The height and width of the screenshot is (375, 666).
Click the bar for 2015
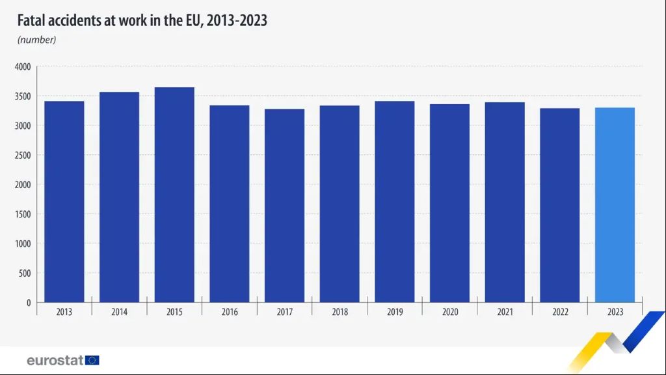174,195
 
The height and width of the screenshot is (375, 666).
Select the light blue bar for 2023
615,204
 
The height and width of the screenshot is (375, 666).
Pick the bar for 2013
64,201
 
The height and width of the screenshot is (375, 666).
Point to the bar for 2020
449,203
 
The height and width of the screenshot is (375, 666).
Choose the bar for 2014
119,197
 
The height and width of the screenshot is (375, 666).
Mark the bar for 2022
559,205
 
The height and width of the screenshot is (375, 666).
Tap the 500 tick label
24,273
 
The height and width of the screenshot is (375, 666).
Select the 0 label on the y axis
28,303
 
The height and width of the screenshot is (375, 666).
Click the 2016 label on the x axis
230,312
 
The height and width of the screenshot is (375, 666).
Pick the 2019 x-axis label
395,312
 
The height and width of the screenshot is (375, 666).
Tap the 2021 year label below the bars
505,312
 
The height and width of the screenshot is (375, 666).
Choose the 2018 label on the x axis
340,312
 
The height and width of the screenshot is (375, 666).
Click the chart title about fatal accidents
142,21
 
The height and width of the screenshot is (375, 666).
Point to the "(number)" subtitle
37,40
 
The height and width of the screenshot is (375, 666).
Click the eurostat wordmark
55,360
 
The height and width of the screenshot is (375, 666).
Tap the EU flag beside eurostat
92,360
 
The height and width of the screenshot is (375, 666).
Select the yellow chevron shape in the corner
595,348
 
